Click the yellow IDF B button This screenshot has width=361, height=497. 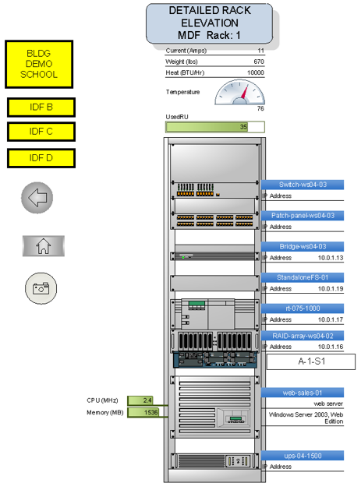(41, 108)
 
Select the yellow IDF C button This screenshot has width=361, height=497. (41, 132)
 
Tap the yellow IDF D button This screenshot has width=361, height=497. (41, 158)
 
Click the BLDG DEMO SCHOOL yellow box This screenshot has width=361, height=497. (39, 64)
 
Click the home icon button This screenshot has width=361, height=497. (44, 246)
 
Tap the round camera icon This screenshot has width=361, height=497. (41, 288)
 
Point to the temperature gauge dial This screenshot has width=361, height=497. (240, 92)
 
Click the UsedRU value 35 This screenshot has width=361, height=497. (243, 127)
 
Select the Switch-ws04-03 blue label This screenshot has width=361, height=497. (303, 185)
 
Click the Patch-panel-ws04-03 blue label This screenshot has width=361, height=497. (303, 216)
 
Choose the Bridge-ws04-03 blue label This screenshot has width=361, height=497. (303, 247)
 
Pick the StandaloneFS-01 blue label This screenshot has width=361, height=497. (303, 277)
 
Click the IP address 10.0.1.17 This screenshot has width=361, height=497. (331, 320)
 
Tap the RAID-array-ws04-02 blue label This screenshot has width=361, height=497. (303, 336)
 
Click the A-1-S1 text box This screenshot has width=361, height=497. (311, 361)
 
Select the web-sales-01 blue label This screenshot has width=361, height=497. (303, 393)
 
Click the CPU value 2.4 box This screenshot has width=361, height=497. (140, 400)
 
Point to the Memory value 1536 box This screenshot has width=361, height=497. (143, 412)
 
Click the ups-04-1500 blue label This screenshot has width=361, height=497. (303, 456)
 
